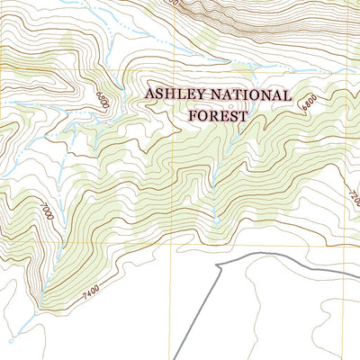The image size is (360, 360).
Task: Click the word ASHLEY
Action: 175,95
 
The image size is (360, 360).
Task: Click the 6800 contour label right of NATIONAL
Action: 310,106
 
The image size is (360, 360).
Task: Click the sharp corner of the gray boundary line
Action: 220,266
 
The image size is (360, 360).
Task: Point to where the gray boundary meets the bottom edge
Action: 175,358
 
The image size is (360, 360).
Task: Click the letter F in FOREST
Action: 192,114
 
